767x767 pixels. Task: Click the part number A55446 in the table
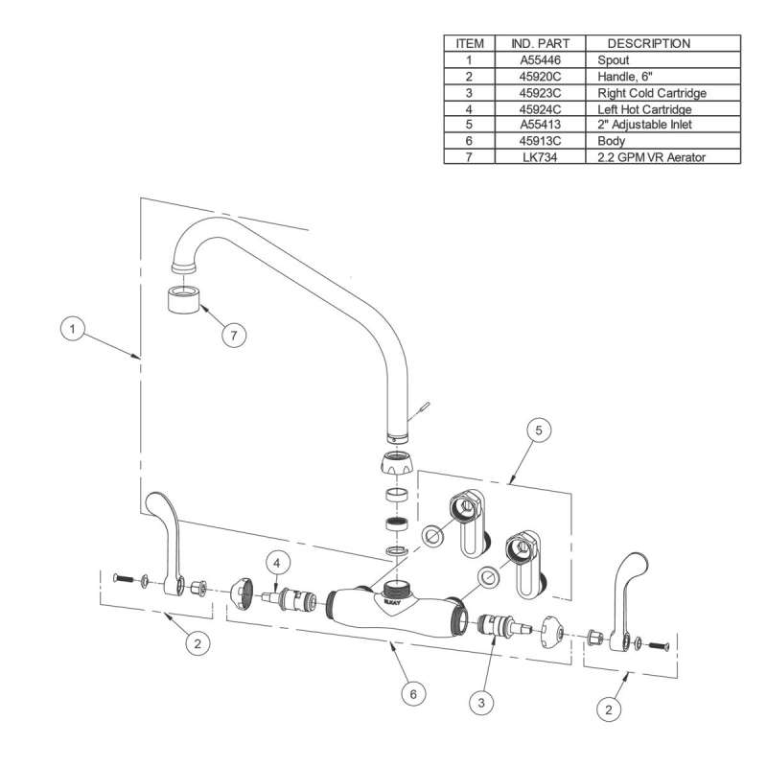(540, 60)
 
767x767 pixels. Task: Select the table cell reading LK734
(540, 156)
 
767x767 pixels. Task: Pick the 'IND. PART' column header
(540, 43)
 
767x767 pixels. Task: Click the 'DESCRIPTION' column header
(648, 43)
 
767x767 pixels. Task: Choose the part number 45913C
(540, 141)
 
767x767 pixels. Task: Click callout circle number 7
(233, 335)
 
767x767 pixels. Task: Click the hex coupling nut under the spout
(396, 465)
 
